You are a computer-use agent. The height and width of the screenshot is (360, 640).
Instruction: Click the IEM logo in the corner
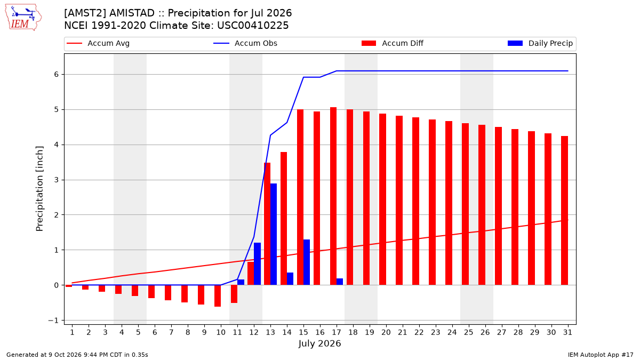(x=23, y=18)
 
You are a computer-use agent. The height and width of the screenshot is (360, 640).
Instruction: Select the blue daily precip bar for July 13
(x=274, y=234)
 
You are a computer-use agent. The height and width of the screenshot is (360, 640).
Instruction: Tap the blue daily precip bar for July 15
(x=307, y=262)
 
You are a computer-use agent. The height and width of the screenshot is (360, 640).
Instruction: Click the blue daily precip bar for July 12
(x=257, y=263)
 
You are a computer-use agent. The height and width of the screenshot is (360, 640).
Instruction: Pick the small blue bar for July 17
(x=340, y=282)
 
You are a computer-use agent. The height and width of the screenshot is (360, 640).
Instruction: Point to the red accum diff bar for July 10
(x=218, y=295)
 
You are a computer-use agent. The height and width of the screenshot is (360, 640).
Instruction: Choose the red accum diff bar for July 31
(x=565, y=211)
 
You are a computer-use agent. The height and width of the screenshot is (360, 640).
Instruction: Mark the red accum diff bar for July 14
(x=284, y=219)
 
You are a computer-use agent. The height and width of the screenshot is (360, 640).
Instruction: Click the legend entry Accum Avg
(x=98, y=43)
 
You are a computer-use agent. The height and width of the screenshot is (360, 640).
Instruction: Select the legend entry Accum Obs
(x=245, y=43)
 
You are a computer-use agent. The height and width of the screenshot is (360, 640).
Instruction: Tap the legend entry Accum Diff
(x=393, y=43)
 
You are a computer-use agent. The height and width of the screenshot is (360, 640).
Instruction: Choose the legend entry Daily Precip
(x=540, y=43)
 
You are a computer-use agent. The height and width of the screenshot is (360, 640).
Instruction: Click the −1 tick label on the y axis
(x=53, y=321)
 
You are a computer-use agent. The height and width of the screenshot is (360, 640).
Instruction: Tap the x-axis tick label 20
(x=386, y=332)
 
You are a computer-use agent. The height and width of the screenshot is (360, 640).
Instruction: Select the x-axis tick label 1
(x=72, y=332)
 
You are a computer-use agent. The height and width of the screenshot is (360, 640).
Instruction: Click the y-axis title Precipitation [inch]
(x=39, y=189)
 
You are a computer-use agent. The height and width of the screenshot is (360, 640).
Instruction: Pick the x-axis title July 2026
(x=319, y=343)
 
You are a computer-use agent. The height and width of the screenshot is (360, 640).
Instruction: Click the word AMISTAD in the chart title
(x=132, y=13)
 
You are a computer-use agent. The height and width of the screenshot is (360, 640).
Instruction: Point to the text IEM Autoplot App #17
(x=601, y=355)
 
